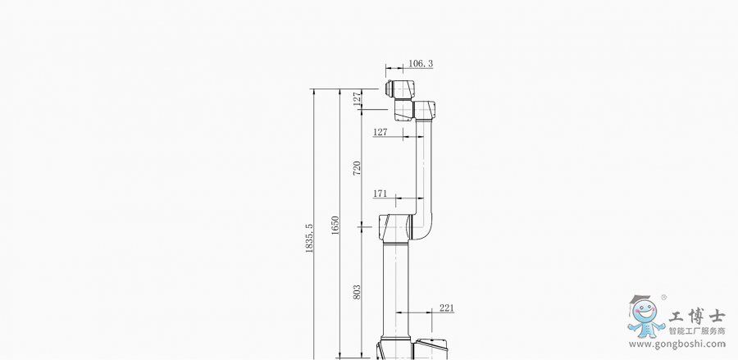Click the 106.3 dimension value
(x=421, y=63)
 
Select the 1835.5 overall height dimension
(x=309, y=238)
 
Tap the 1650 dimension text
(x=335, y=226)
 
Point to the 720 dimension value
(x=357, y=168)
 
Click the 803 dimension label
(x=357, y=292)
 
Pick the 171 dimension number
(x=380, y=194)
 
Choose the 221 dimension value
(x=447, y=308)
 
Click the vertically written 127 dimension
(x=358, y=98)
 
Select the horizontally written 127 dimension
(x=380, y=132)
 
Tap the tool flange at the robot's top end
(x=389, y=88)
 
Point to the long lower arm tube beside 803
(x=395, y=291)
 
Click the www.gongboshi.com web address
(x=677, y=344)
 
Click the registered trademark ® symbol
(x=663, y=298)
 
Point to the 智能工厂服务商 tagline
(x=697, y=331)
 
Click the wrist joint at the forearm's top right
(x=424, y=110)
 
